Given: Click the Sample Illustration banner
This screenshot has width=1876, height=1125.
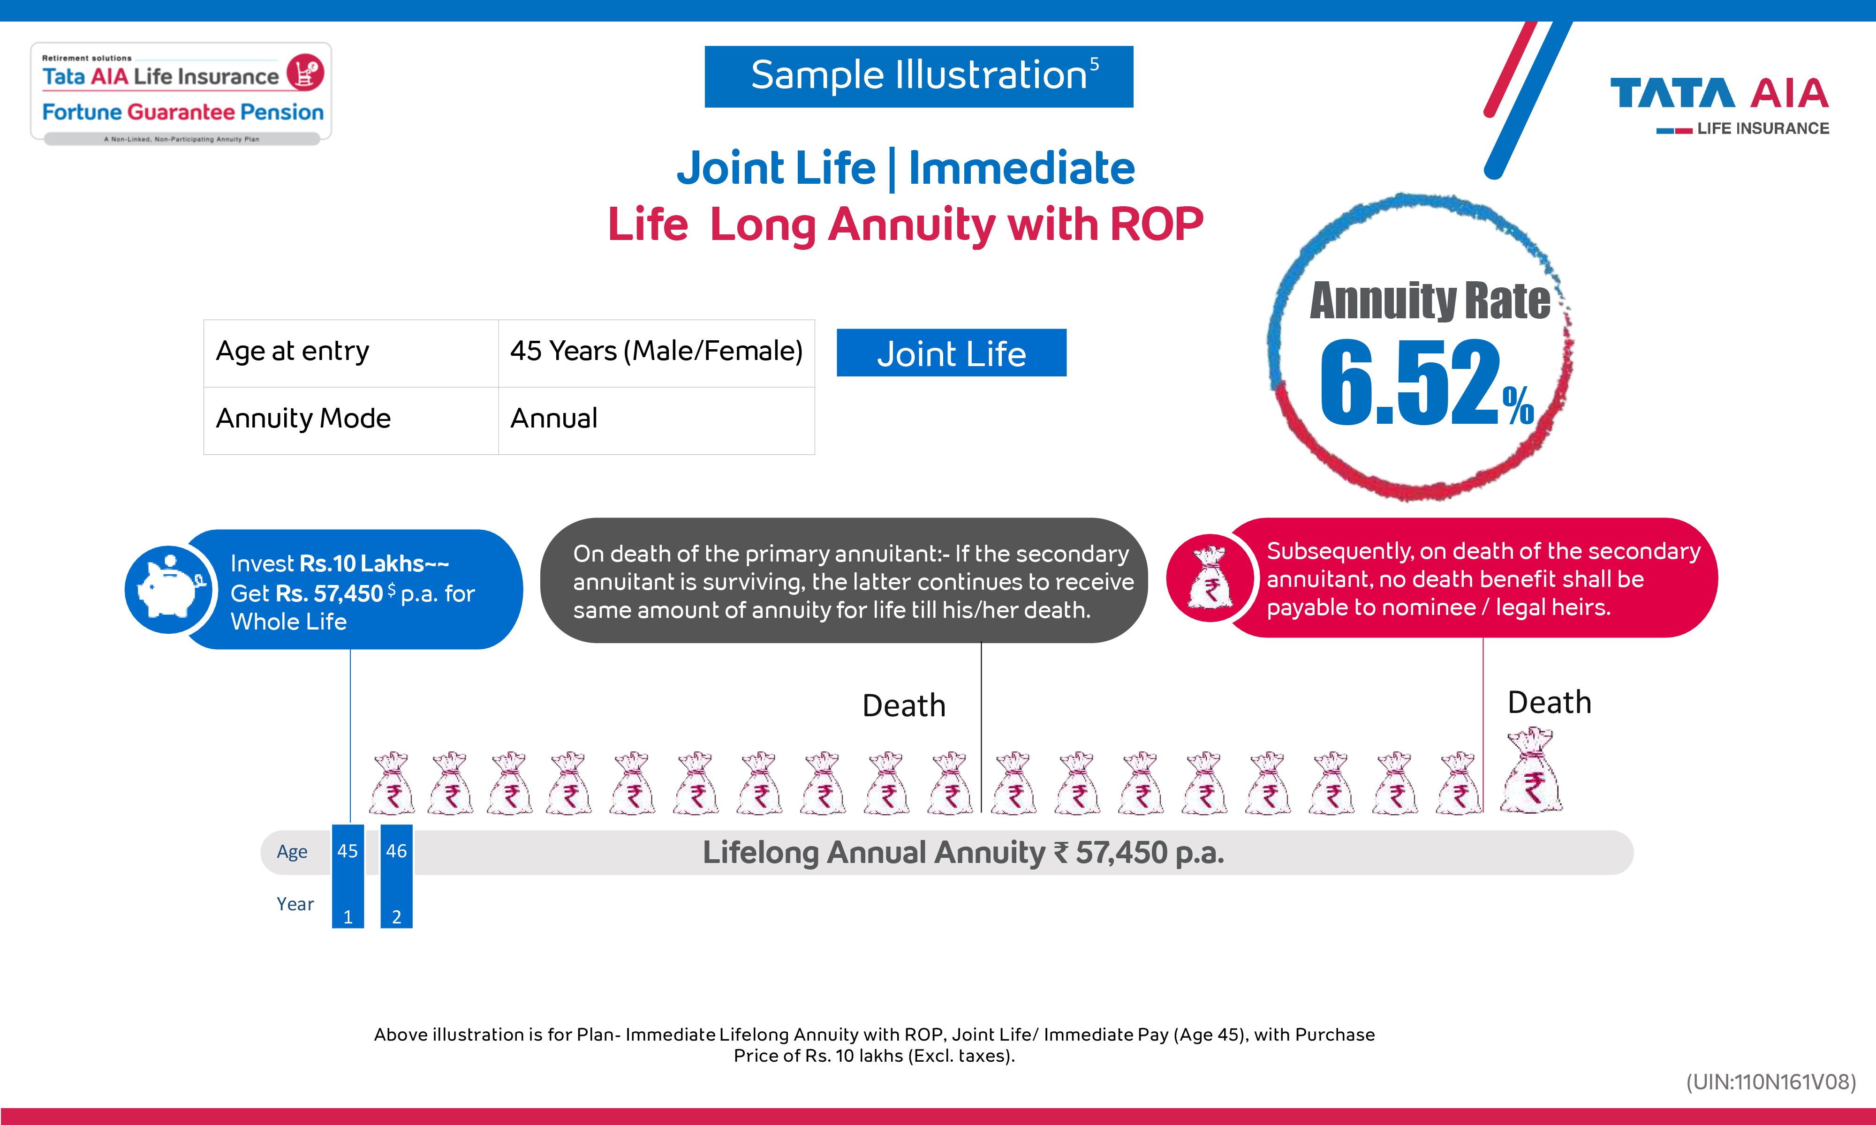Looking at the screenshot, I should [x=918, y=76].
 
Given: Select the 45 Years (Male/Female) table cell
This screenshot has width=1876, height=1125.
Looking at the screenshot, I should [x=656, y=352].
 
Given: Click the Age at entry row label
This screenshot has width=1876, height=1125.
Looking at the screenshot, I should [x=293, y=352].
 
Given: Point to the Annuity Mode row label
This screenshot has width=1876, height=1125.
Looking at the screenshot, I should [x=303, y=419].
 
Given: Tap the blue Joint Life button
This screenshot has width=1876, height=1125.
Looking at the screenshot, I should [x=951, y=353].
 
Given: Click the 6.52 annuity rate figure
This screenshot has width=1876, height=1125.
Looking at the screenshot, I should [x=1410, y=383].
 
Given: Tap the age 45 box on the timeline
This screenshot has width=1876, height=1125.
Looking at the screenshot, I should [x=348, y=851].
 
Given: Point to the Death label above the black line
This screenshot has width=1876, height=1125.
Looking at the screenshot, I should [x=904, y=706].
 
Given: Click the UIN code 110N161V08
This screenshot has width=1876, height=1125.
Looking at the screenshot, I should [x=1770, y=1082].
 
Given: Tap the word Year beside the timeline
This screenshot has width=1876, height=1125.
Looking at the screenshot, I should [x=295, y=904].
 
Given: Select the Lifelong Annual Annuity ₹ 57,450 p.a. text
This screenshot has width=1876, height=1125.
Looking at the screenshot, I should [x=963, y=853].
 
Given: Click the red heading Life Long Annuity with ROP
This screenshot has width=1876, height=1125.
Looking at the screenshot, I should [x=905, y=225].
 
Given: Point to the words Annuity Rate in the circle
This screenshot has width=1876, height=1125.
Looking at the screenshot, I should [x=1430, y=301].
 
